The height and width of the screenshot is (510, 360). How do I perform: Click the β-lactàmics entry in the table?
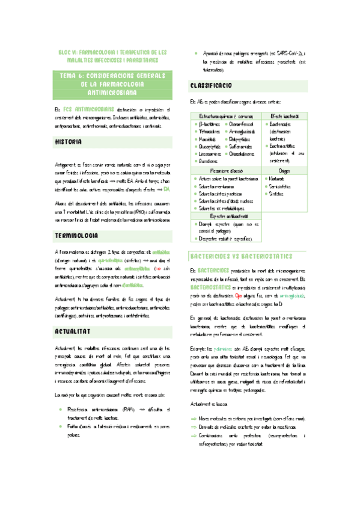[x=209, y=123]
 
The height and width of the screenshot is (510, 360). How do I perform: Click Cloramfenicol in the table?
[x=243, y=123]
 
